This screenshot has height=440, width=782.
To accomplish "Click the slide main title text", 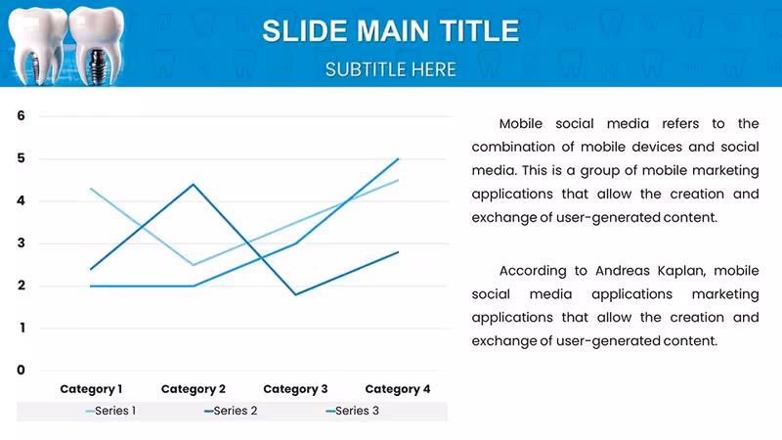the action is tap(390, 31).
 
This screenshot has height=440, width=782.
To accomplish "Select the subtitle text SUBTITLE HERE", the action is tap(390, 69).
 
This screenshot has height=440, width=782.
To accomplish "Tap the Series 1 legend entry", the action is tap(110, 411).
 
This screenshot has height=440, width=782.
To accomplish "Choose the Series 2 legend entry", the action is tap(231, 411).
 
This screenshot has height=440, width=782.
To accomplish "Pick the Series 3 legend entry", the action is tap(352, 411).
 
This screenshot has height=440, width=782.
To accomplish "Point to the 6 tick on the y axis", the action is tap(21, 115).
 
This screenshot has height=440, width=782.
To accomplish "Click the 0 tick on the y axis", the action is tap(21, 371).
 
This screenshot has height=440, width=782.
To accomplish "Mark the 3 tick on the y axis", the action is tap(21, 242).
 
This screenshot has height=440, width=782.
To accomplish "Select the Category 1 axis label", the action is tap(91, 389).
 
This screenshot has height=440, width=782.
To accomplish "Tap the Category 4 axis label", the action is tap(398, 389).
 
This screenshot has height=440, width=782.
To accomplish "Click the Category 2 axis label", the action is tap(193, 389).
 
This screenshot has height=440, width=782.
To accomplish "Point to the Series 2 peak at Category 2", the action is tap(194, 185).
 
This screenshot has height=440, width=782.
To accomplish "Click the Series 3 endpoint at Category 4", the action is tap(398, 159).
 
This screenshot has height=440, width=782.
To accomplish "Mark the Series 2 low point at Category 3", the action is tap(296, 294).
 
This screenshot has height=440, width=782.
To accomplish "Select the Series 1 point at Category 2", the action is tap(194, 265).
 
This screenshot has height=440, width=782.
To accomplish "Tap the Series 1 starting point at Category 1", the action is tap(91, 189).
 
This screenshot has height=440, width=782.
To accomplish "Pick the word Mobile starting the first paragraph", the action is tap(521, 124).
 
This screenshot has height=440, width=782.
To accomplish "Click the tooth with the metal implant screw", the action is tap(96, 46).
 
